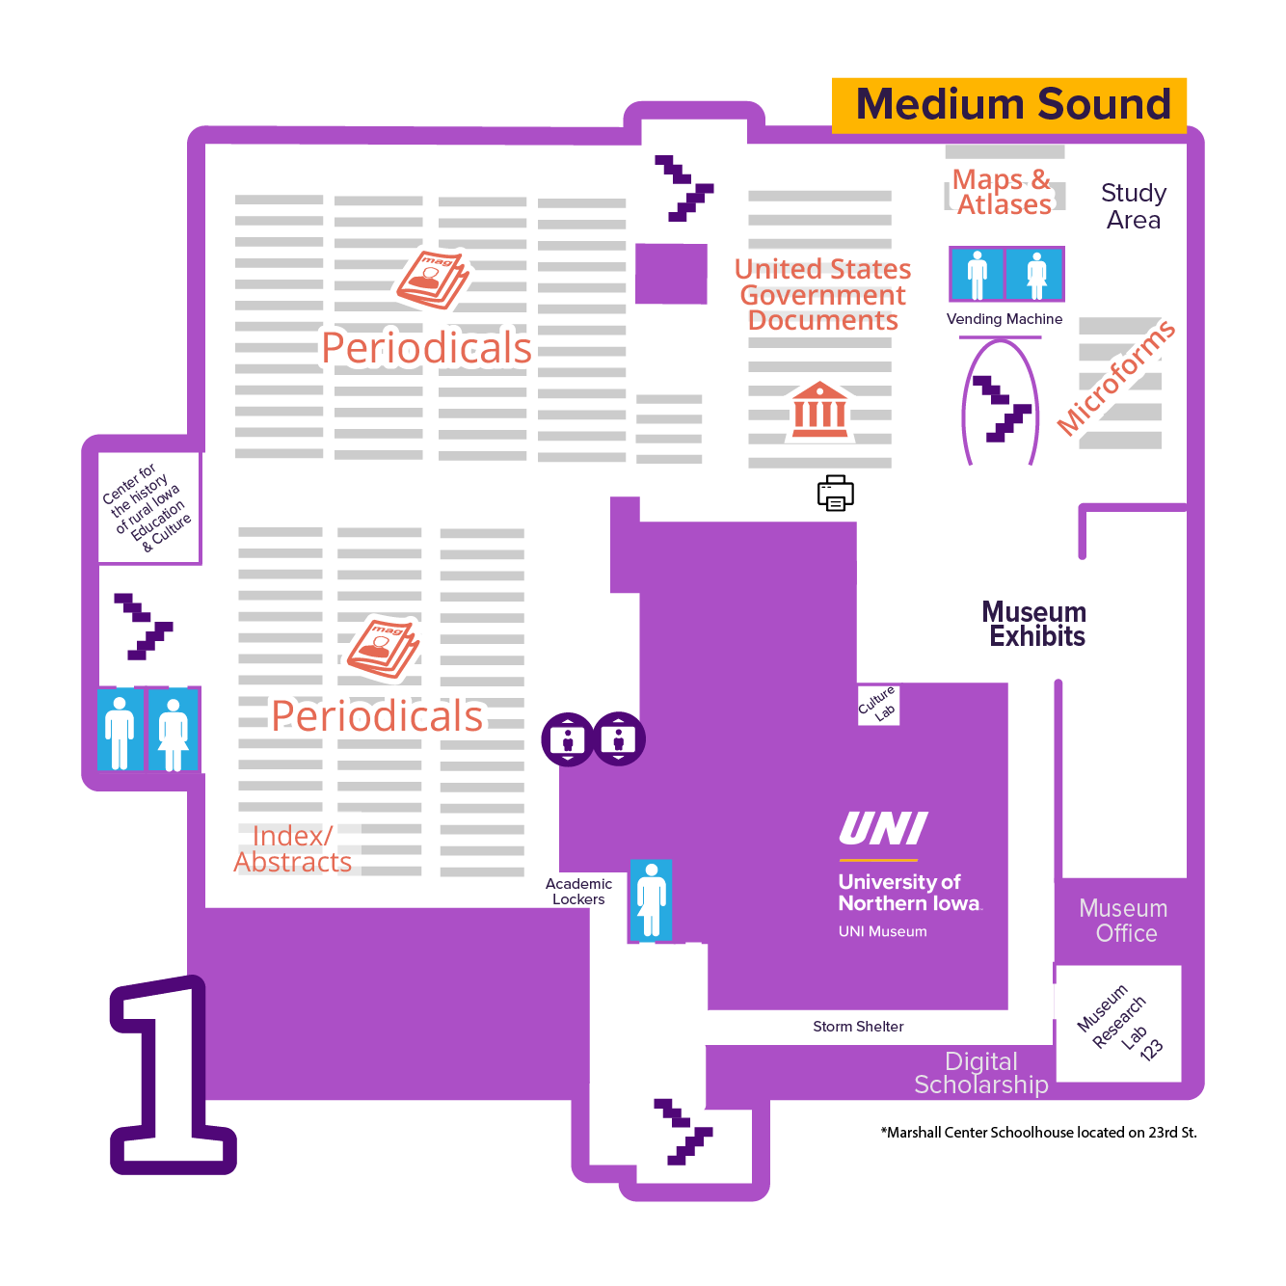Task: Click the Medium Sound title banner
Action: pos(1009,104)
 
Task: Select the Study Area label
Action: pos(1134,206)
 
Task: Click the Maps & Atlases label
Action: pos(1003,192)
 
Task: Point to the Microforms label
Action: pos(1115,377)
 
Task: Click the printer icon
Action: pos(835,493)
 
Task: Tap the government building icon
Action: pos(819,410)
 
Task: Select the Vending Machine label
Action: pos(1005,319)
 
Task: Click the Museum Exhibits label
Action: pos(1034,624)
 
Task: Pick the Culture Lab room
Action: pos(878,705)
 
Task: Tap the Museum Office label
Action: pos(1124,921)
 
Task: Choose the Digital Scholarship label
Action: pos(981,1073)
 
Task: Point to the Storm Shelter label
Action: pos(858,1027)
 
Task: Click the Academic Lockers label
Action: pos(578,891)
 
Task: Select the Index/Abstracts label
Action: pos(293,848)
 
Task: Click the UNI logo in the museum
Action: pos(883,829)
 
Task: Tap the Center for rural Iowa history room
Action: pos(148,508)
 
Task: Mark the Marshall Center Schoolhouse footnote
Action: pos(1038,1133)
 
